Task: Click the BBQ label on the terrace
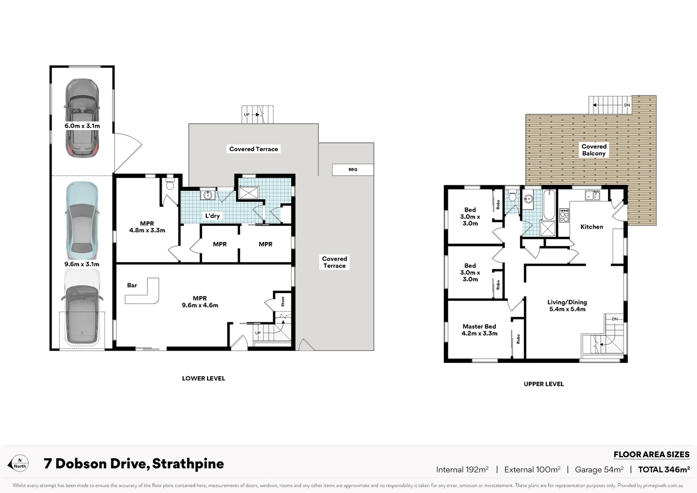click(x=353, y=169)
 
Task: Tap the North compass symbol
click(x=19, y=463)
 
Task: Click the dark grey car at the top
click(x=82, y=117)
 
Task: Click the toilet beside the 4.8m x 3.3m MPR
click(x=170, y=184)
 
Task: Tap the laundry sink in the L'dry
click(x=208, y=195)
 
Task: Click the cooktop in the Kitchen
click(x=564, y=215)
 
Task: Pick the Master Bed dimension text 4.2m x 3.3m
click(x=479, y=333)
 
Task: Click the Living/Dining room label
click(x=567, y=302)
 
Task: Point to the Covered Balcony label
click(x=593, y=150)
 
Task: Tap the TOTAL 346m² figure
click(x=663, y=469)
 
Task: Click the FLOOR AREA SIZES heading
click(x=651, y=454)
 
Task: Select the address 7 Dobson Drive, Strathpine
click(x=134, y=464)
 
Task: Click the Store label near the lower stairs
click(x=283, y=301)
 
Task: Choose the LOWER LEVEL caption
click(x=203, y=378)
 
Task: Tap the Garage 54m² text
click(x=599, y=469)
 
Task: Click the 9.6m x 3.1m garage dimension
click(x=82, y=264)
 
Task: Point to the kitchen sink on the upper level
click(x=592, y=195)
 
